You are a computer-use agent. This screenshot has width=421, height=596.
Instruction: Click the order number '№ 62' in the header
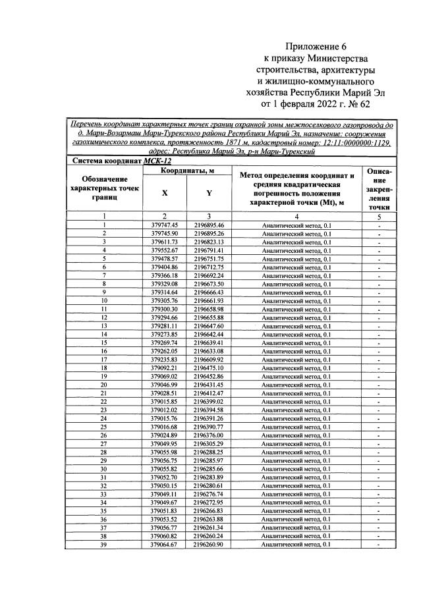[373, 103]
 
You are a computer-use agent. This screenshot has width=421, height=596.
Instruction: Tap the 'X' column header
[165, 194]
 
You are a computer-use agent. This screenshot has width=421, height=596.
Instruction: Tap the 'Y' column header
[209, 194]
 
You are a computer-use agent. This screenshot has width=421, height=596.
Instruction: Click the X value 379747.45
[165, 225]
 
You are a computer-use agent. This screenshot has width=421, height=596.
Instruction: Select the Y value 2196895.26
[209, 234]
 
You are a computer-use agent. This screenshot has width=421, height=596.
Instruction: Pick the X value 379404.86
[165, 267]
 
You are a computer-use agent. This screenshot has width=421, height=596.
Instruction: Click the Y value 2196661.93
[209, 300]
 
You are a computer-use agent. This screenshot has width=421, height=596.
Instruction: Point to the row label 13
[104, 325]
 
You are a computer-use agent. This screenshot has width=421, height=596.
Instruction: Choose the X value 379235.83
[165, 359]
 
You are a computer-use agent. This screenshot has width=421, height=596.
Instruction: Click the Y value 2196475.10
[209, 367]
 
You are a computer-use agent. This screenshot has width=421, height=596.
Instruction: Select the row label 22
[104, 401]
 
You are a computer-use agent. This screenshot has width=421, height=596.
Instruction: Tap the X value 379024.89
[165, 435]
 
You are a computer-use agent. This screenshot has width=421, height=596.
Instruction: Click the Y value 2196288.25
[209, 452]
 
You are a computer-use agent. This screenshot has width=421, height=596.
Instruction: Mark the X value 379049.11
[165, 493]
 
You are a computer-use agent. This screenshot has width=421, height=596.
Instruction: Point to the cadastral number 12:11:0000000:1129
[355, 141]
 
